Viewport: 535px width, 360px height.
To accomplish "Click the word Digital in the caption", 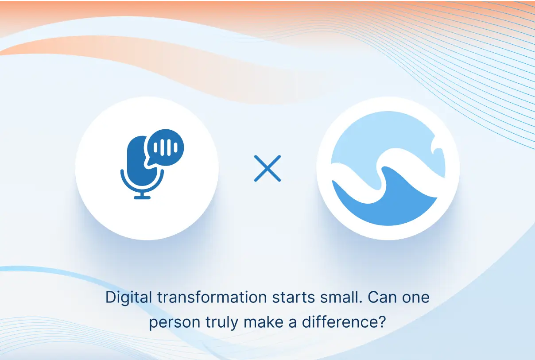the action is (129, 298).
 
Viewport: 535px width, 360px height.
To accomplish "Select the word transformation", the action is (212, 297).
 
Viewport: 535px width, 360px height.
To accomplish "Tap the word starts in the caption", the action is (294, 298).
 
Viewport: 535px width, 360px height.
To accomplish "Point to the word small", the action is (341, 297).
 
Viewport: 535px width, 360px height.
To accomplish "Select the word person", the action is (174, 323).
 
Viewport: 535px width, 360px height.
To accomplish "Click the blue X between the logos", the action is (267, 168).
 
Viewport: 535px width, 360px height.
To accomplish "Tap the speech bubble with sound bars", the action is (165, 147).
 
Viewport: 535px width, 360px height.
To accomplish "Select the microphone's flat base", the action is (142, 197).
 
